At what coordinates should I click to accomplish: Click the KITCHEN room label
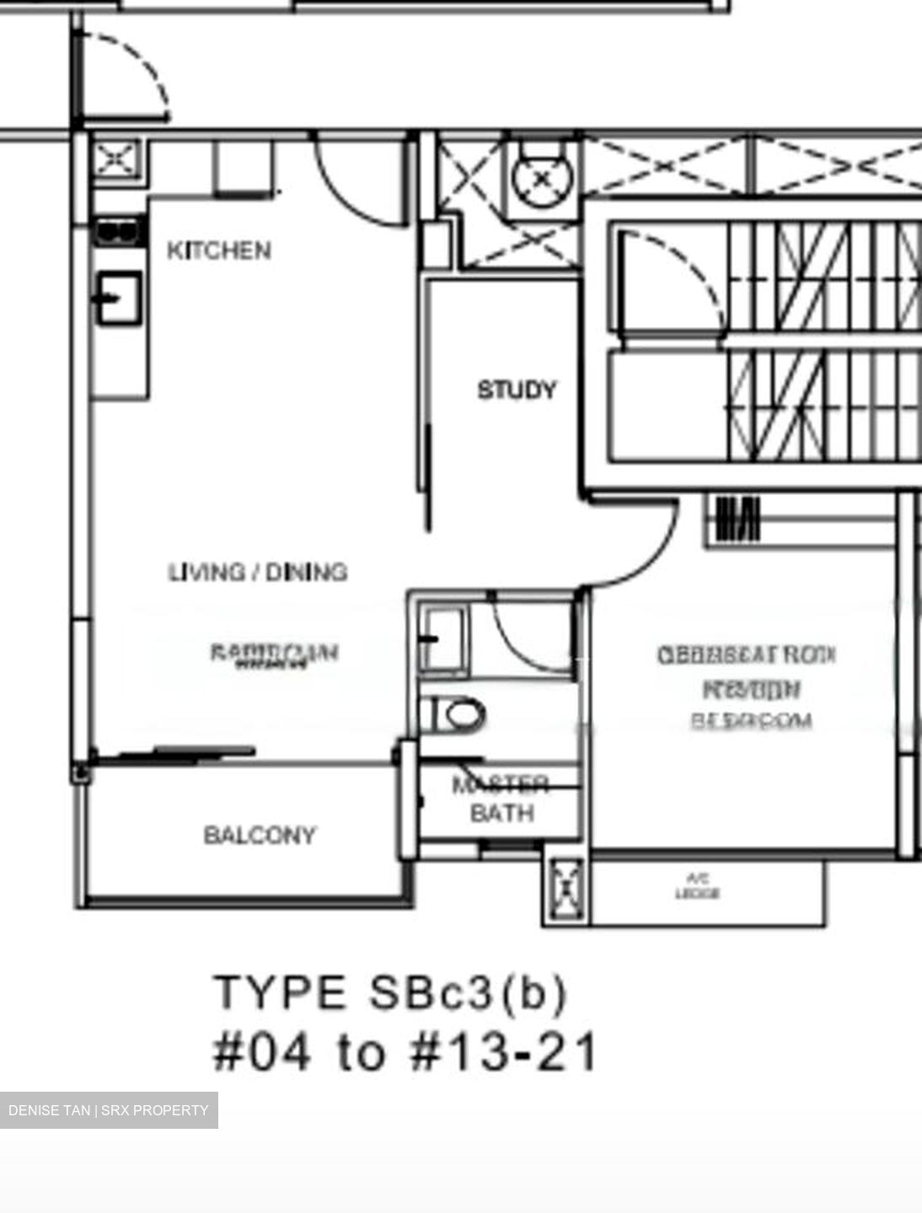coord(219,250)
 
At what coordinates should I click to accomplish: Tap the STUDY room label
coord(517,390)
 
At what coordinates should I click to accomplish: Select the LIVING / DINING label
coord(258,572)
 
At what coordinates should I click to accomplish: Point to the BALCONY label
coord(260,835)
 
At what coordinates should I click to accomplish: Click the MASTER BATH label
coord(501,799)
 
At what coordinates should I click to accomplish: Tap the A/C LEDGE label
coord(697,887)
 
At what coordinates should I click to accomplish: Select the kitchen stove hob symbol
coord(117,230)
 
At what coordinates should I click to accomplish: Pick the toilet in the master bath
coord(455,715)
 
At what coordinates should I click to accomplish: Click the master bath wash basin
coord(442,640)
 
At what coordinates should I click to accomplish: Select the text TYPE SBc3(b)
coord(390,992)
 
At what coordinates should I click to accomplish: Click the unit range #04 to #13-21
coord(405,1051)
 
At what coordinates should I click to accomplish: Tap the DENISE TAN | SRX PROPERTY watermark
coord(109,1110)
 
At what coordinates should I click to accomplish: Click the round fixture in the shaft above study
coord(543,178)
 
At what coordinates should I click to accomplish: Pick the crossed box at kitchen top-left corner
coord(115,158)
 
